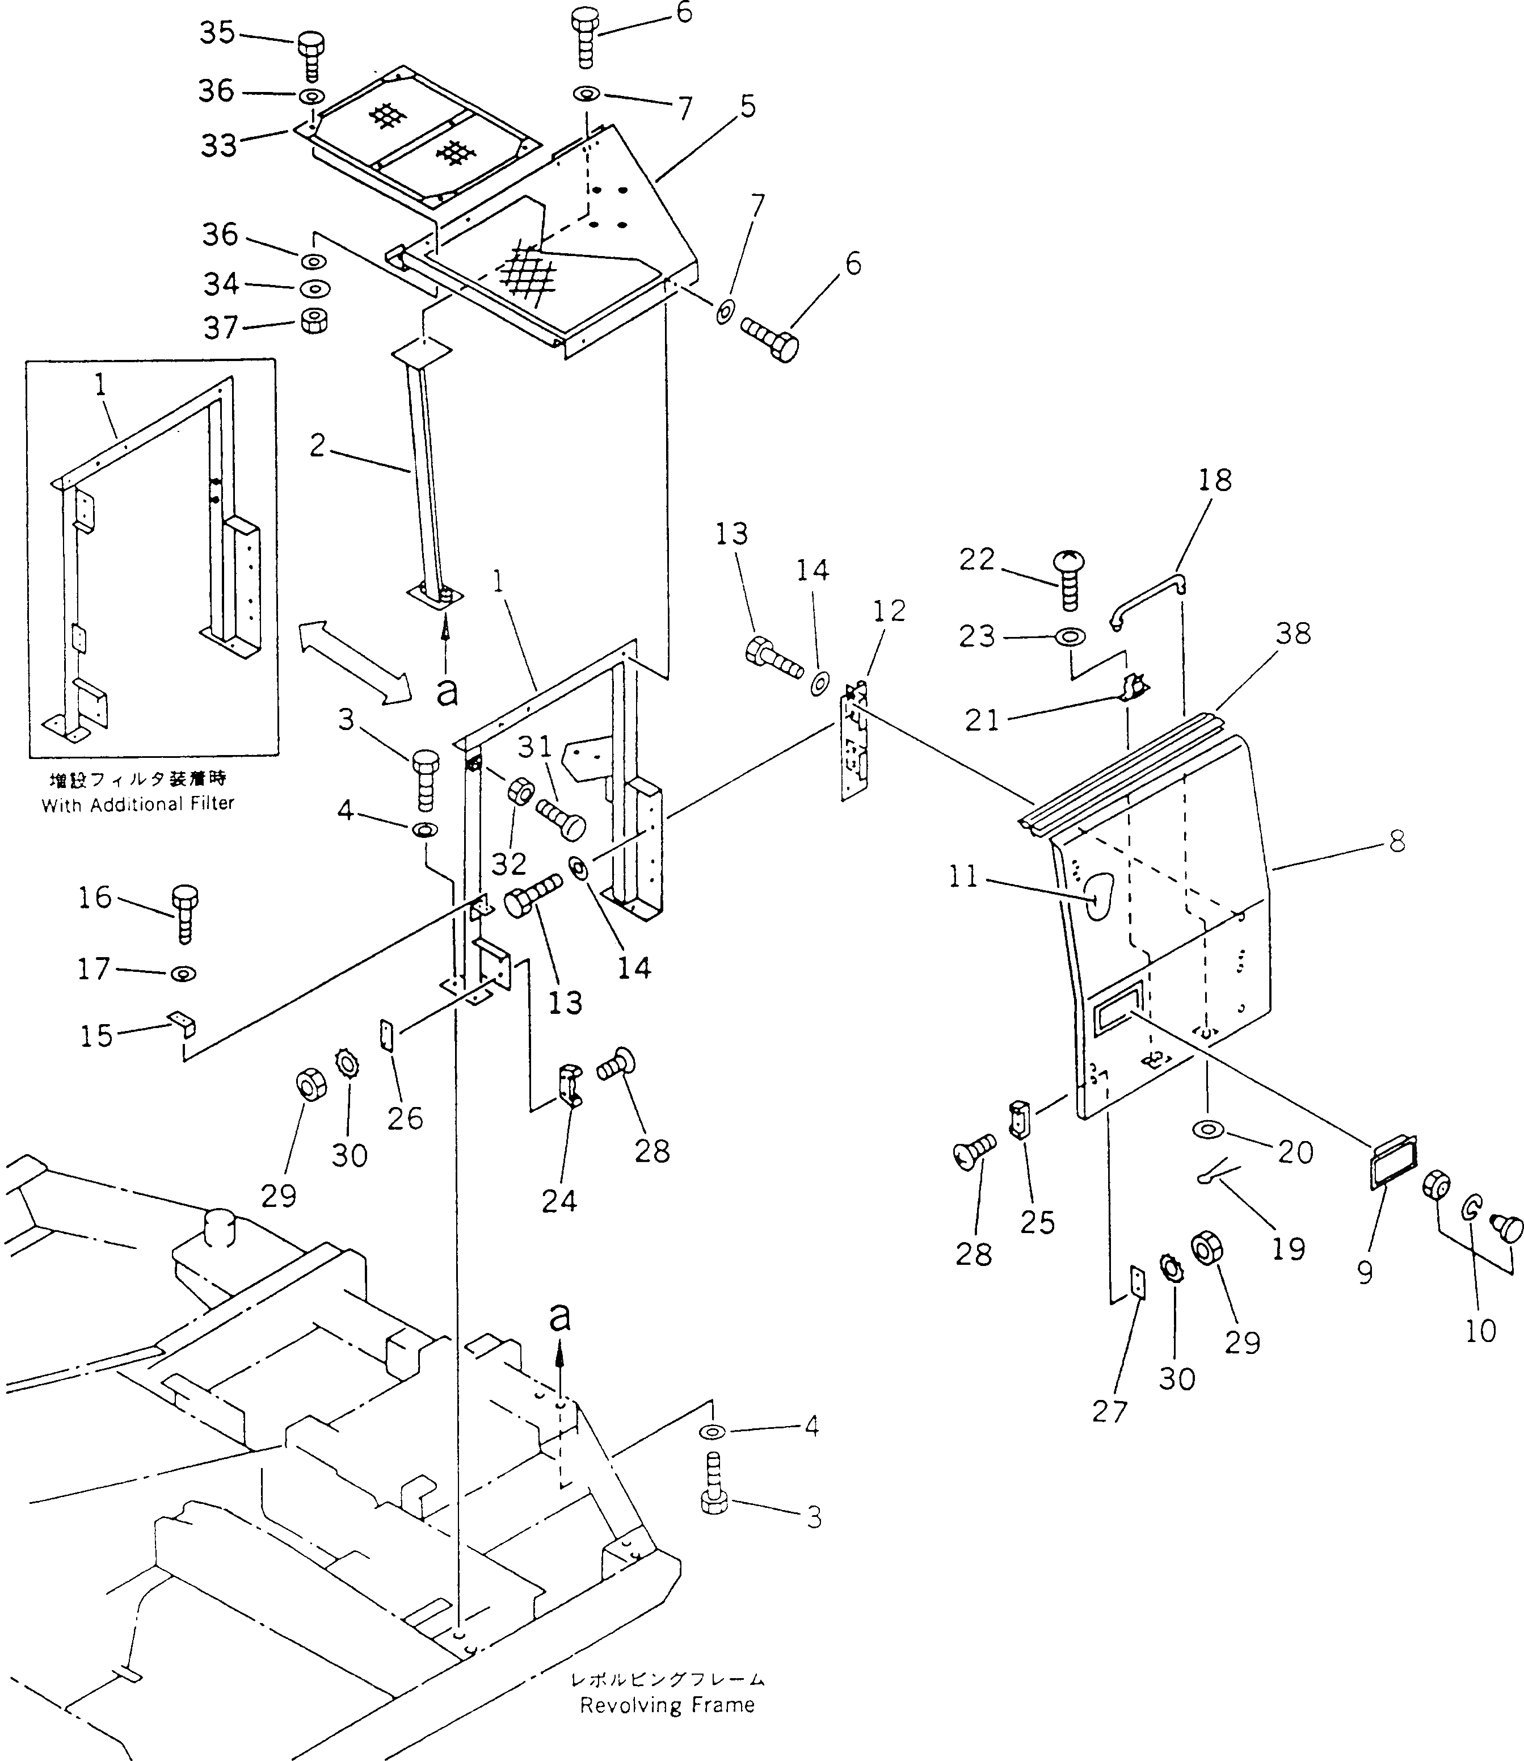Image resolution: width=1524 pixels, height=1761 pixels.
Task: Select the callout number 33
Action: coord(218,145)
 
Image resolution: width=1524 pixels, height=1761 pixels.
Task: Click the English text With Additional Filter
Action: coord(138,804)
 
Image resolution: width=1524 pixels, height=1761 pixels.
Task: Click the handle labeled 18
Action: coord(1148,601)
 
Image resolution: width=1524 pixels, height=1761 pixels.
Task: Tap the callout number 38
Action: coord(1293,634)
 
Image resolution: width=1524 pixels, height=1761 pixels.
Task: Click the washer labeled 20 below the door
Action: coord(1207,1129)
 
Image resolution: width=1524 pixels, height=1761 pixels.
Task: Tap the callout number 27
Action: coord(1109,1412)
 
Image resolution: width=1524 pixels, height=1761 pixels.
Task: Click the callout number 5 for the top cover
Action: coord(747,107)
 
